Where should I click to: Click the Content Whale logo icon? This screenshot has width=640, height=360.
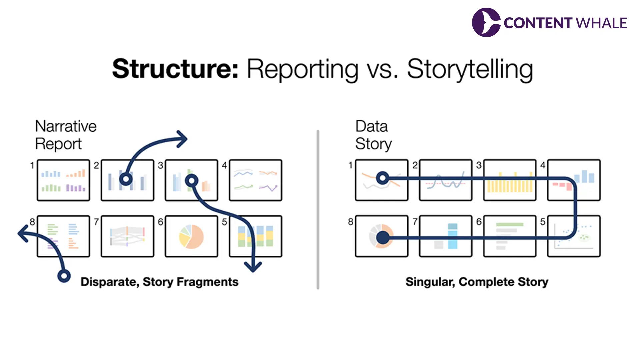click(x=486, y=22)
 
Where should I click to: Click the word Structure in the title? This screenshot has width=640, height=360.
click(x=175, y=69)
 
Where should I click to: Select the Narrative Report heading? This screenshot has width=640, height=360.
click(x=66, y=135)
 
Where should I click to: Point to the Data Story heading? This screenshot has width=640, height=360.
click(x=373, y=135)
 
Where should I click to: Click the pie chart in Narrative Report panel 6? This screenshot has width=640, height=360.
click(x=191, y=236)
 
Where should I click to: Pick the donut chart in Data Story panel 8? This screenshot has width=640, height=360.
click(x=382, y=236)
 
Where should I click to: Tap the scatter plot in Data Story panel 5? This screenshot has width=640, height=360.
click(x=574, y=236)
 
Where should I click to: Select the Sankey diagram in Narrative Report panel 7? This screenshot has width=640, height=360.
click(x=127, y=236)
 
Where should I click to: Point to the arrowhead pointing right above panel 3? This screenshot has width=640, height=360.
click(x=182, y=139)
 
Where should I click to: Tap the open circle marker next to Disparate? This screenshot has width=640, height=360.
click(x=64, y=276)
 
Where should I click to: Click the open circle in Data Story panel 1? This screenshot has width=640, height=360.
click(x=383, y=178)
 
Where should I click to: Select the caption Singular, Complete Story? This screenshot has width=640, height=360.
click(x=477, y=282)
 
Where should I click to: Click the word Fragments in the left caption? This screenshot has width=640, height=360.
click(x=207, y=282)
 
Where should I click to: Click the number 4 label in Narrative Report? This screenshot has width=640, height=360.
click(x=224, y=165)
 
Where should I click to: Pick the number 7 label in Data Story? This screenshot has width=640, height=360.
click(x=415, y=221)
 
